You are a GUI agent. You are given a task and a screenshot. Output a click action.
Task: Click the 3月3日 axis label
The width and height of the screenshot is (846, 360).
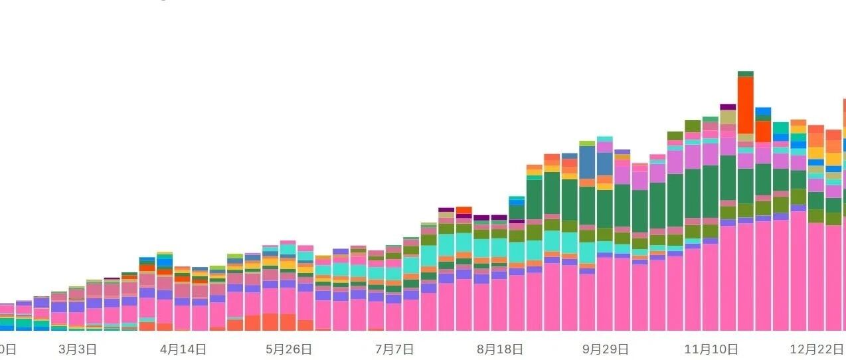(x=78, y=349)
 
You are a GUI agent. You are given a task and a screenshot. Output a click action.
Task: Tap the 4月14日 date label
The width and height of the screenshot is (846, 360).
(x=183, y=349)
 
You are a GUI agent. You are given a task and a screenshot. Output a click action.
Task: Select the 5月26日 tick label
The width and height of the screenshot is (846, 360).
(x=289, y=349)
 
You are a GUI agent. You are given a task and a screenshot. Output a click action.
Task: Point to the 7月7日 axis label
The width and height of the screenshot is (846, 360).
(x=394, y=349)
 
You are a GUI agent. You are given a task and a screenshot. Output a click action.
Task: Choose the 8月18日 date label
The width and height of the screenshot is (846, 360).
(x=500, y=349)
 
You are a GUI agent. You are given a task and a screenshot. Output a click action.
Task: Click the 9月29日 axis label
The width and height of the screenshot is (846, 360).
(x=605, y=349)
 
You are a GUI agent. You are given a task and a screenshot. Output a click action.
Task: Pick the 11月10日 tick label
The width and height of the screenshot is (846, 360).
(x=711, y=349)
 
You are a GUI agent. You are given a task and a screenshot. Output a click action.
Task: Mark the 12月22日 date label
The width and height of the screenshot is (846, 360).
(x=816, y=349)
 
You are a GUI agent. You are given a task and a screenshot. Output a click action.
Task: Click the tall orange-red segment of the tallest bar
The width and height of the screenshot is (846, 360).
(x=746, y=105)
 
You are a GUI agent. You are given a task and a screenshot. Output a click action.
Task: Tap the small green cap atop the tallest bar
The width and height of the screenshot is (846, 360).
(x=746, y=74)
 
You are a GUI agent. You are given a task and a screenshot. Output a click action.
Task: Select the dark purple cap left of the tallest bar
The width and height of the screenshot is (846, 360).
(x=728, y=107)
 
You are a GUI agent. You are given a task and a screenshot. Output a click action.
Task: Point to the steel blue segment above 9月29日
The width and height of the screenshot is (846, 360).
(x=604, y=163)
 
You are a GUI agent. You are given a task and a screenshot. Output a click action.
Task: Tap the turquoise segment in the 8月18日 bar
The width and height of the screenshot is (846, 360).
(x=499, y=247)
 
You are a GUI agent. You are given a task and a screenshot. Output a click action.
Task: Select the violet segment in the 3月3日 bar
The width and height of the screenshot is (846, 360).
(x=77, y=307)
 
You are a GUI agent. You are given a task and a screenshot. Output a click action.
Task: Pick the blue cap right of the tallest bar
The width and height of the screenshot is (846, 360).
(x=763, y=111)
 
